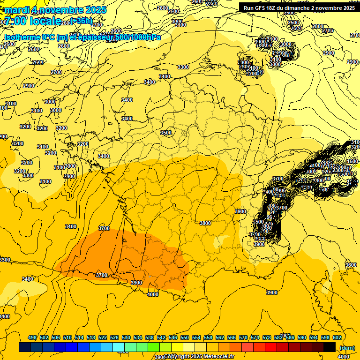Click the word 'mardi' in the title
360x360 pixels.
16,10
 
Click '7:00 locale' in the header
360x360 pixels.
32,21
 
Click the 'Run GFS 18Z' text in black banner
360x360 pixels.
265,8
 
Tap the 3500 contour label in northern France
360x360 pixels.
166,133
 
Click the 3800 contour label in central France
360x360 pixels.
205,224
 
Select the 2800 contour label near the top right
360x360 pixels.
318,26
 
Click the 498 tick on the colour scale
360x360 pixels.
32,337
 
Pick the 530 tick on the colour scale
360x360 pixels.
126,337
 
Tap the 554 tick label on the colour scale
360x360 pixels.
196,337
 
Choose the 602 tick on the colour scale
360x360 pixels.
337,337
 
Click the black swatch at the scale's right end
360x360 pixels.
330,347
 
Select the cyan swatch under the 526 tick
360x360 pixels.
119,347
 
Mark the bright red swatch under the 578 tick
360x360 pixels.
271,347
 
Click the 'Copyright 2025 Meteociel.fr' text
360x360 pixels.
199,357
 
